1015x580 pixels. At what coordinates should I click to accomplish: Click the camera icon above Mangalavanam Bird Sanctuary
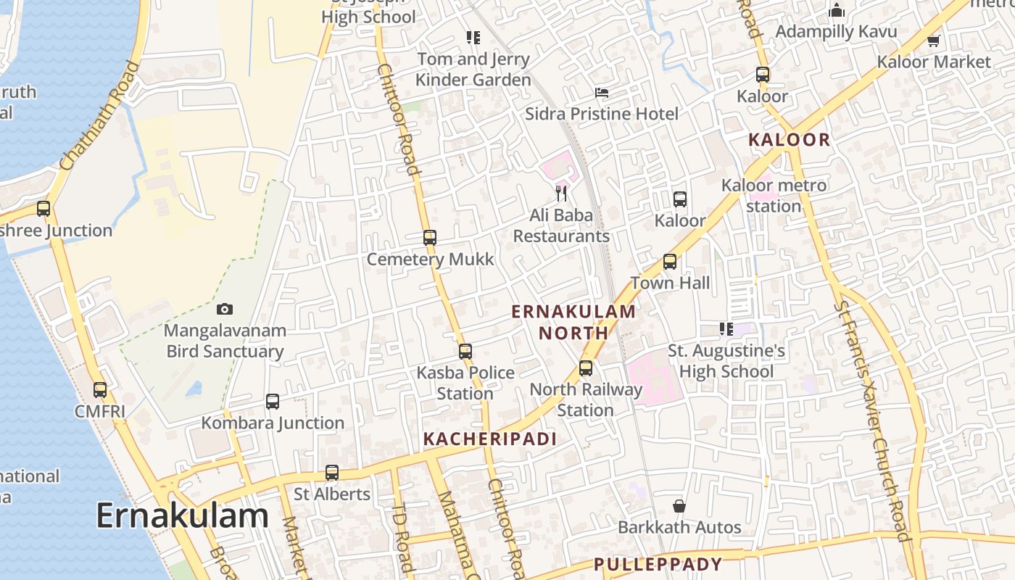click(225, 310)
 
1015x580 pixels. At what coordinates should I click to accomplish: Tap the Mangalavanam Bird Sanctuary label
click(225, 341)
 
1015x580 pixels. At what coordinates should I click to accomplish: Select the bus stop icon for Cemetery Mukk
click(430, 238)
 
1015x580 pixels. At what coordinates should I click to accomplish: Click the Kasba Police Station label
click(465, 383)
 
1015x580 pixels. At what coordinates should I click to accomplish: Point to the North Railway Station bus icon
click(586, 368)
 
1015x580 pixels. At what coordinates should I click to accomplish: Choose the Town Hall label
click(670, 283)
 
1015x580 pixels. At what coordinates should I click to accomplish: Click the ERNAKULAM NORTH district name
click(573, 323)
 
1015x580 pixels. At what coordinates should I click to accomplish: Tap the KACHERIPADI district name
click(489, 439)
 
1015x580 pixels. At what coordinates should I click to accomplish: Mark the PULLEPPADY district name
click(658, 564)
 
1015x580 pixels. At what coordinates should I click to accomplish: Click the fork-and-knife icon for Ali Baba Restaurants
click(561, 193)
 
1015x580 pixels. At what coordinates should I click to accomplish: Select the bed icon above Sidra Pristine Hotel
click(602, 93)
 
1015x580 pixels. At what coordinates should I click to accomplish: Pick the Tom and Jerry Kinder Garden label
click(473, 70)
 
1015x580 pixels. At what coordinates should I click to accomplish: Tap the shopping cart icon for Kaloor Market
click(934, 41)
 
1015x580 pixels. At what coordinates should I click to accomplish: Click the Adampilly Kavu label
click(836, 32)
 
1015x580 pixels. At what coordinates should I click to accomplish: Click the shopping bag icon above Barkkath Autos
click(679, 506)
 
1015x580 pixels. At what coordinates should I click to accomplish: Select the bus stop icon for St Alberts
click(332, 473)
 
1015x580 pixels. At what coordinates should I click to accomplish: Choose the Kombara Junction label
click(273, 423)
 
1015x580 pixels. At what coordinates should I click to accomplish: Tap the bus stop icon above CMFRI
click(100, 390)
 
